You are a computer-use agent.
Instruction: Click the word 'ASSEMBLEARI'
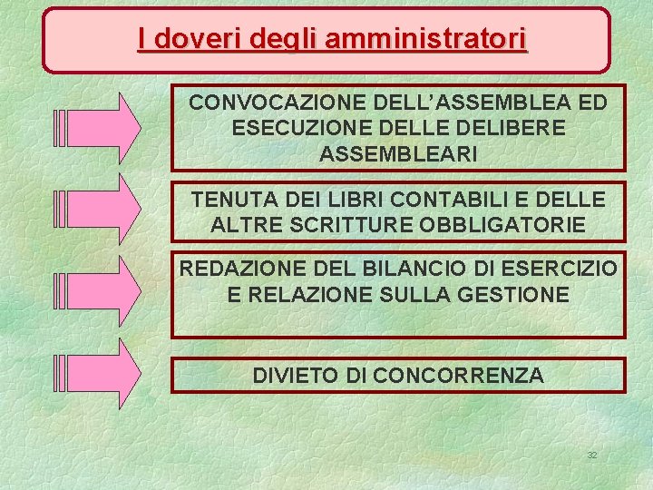[398, 154]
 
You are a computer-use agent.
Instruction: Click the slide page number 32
[591, 455]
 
